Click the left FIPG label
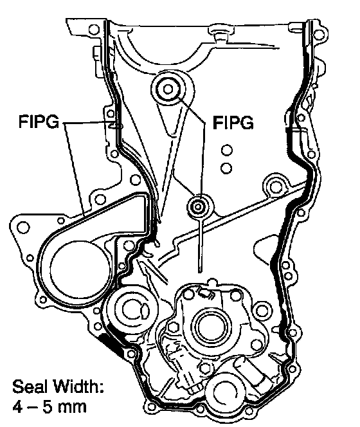click(x=39, y=122)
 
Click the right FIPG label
click(x=233, y=123)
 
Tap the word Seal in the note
click(x=30, y=386)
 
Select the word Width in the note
click(x=78, y=386)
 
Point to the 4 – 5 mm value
click(x=50, y=407)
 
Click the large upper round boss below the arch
click(x=168, y=89)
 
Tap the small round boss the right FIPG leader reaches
click(x=198, y=207)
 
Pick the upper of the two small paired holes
click(x=227, y=150)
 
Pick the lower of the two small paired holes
click(x=226, y=168)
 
